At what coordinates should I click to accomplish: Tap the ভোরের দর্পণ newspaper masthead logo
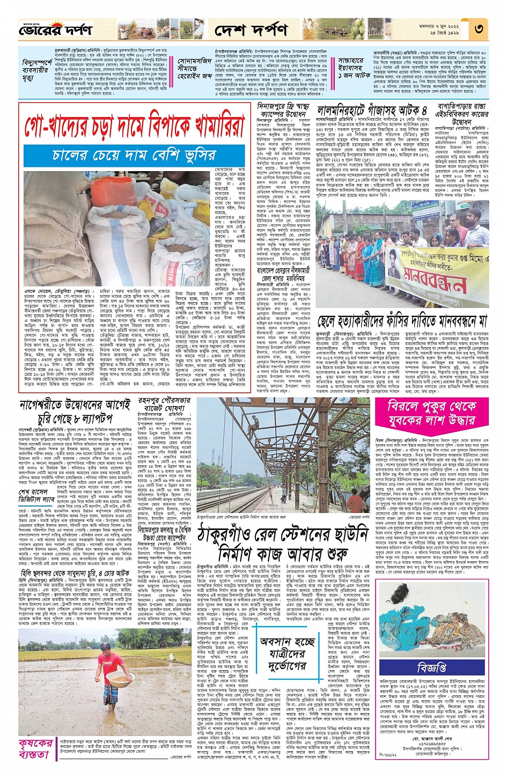(x=48, y=30)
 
